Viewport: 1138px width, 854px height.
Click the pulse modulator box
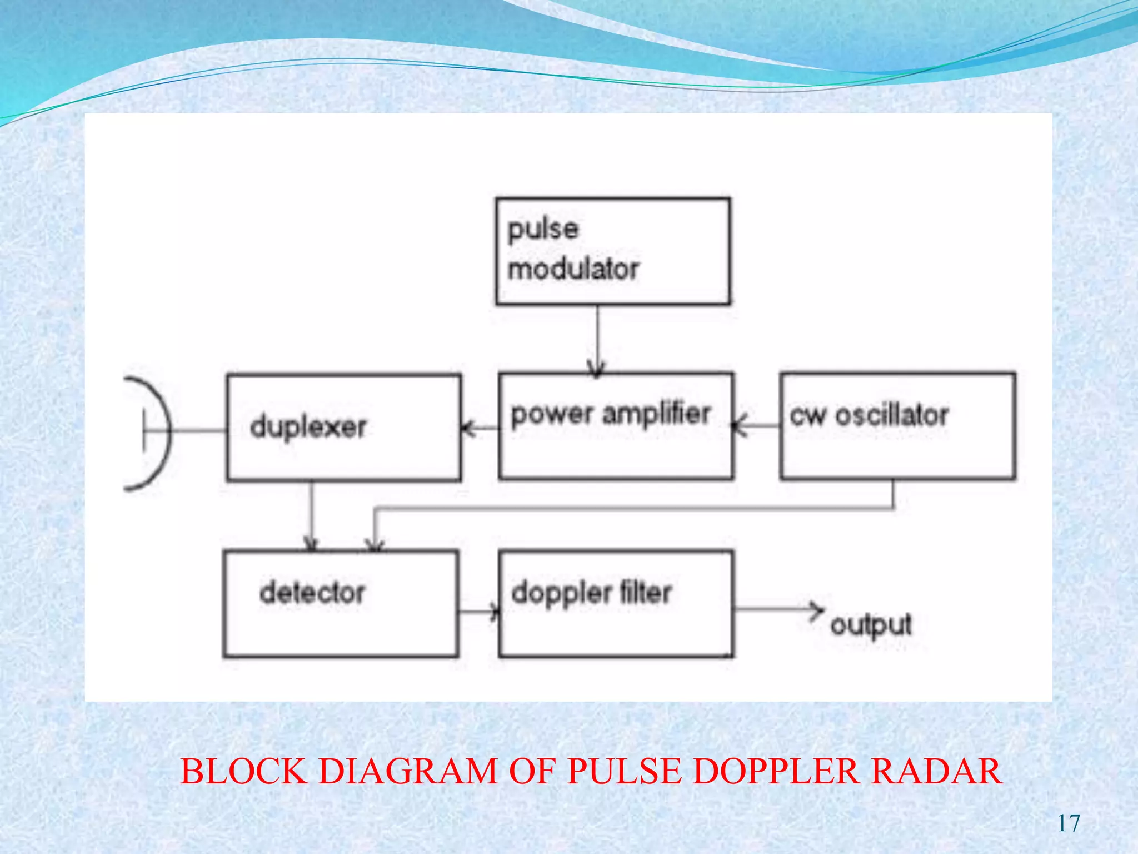pos(613,251)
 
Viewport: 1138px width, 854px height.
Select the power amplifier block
pos(616,426)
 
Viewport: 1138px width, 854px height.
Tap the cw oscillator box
pos(897,426)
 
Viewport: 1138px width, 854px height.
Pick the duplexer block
pos(344,427)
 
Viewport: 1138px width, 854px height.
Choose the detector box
pos(341,604)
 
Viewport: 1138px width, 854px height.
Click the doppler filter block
pos(616,604)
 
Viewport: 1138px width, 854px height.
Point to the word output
pos(871,625)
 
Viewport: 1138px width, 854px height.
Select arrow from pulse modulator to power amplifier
pos(597,339)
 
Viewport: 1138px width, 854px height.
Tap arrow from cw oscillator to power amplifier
pos(756,426)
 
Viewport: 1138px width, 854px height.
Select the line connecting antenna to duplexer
pos(197,430)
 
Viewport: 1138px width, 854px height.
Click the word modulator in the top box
pos(573,270)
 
